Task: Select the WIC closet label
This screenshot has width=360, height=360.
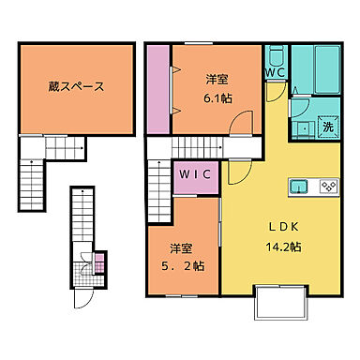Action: (x=194, y=175)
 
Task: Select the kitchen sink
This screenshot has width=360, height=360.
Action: (x=300, y=184)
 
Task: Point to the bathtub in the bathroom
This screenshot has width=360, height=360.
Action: (x=317, y=66)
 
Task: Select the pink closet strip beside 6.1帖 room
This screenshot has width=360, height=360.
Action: (x=157, y=90)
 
